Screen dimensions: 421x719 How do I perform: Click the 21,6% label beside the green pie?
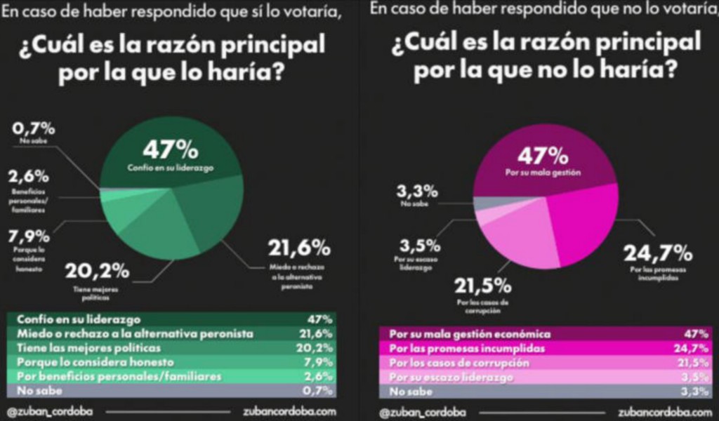pos(299,248)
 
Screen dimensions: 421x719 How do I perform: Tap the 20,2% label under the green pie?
pos(98,271)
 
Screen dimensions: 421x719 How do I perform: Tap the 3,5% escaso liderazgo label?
pos(420,246)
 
